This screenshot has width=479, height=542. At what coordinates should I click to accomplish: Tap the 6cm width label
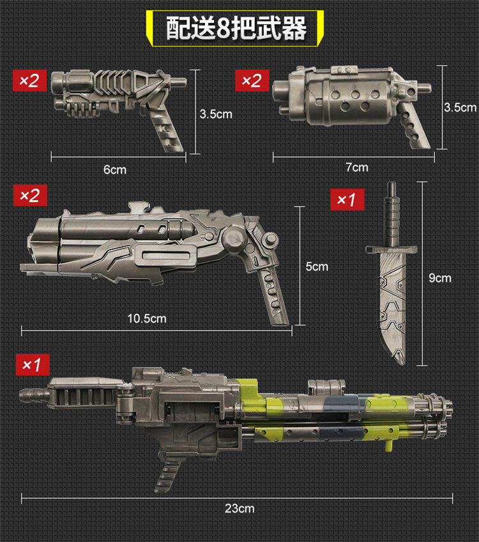click(x=115, y=170)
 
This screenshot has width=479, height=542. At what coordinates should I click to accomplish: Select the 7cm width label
click(x=356, y=168)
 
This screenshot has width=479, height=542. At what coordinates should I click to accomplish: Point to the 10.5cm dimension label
click(x=146, y=318)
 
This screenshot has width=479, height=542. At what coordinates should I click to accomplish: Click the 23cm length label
click(x=239, y=508)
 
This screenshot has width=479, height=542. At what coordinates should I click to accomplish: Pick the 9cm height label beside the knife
click(x=440, y=278)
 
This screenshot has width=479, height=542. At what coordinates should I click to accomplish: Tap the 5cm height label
click(x=316, y=266)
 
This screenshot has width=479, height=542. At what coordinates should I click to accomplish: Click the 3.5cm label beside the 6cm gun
click(x=215, y=114)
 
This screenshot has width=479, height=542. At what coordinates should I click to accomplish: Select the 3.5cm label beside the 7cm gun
click(x=460, y=107)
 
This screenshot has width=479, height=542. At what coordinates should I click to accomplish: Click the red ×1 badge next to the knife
click(x=347, y=200)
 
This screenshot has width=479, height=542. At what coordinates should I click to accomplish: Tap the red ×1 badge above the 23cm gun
click(x=31, y=365)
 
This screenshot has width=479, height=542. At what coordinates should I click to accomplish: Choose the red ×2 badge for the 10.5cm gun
click(x=31, y=195)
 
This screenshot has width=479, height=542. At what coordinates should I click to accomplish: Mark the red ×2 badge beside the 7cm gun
click(x=252, y=80)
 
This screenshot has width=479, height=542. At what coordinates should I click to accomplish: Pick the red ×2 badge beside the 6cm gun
click(x=30, y=80)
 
